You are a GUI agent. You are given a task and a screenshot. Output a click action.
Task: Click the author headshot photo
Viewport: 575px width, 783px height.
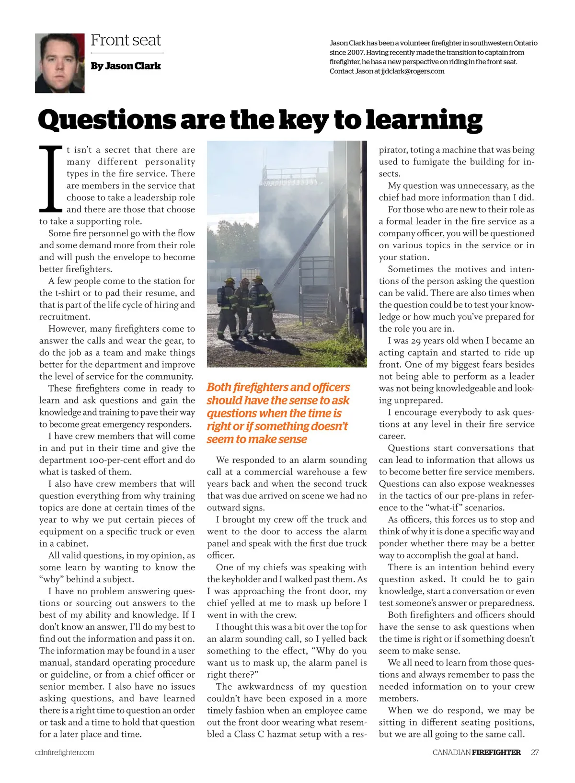pos(60,63)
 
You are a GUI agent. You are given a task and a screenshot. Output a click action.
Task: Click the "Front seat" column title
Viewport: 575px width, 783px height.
pos(126,40)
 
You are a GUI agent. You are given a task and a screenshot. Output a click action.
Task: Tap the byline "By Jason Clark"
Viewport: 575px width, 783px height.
pos(126,66)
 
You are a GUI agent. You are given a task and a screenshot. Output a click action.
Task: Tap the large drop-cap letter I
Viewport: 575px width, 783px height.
pos(51,179)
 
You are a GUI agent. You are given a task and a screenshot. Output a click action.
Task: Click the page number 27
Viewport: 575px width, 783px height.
pos(535,752)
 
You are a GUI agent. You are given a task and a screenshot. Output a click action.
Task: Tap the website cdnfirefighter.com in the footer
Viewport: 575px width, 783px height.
pos(65,752)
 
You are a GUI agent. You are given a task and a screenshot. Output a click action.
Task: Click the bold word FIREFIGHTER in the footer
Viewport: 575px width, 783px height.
pos(496,752)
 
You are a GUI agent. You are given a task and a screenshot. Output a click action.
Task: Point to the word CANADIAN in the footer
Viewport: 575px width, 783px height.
pos(451,752)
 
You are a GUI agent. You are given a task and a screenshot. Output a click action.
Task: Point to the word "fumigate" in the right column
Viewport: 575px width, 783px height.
pos(471,162)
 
